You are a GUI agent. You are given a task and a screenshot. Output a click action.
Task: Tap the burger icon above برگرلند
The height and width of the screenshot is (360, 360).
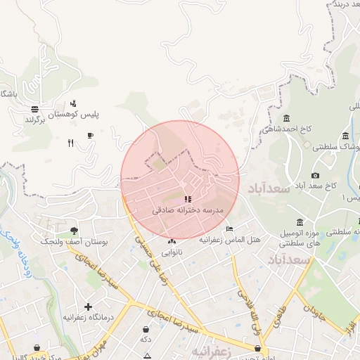pyautogui.click(x=34, y=109)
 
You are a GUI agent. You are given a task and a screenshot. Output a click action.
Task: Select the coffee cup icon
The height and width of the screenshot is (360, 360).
pyautogui.click(x=90, y=135)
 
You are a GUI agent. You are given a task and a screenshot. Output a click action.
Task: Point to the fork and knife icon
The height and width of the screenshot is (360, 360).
pyautogui.click(x=70, y=143)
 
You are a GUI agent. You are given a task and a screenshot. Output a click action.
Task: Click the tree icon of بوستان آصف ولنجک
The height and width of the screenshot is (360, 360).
pyautogui.click(x=74, y=230)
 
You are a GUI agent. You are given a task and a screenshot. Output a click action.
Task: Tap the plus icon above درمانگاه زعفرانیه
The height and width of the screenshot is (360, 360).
pyautogui.click(x=88, y=306)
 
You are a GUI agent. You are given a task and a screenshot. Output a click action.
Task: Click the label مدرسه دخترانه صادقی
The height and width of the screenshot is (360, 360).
pyautogui.click(x=187, y=210)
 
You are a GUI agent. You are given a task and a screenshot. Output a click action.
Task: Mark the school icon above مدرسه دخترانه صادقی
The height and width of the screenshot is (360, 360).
pyautogui.click(x=187, y=199)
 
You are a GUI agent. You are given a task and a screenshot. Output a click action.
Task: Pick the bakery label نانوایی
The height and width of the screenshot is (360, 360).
pyautogui.click(x=172, y=251)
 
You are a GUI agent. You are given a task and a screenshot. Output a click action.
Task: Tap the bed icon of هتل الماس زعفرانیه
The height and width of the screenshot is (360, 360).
pyautogui.click(x=229, y=229)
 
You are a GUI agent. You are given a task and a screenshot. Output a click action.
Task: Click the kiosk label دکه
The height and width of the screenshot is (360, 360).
pyautogui.click(x=146, y=340)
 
